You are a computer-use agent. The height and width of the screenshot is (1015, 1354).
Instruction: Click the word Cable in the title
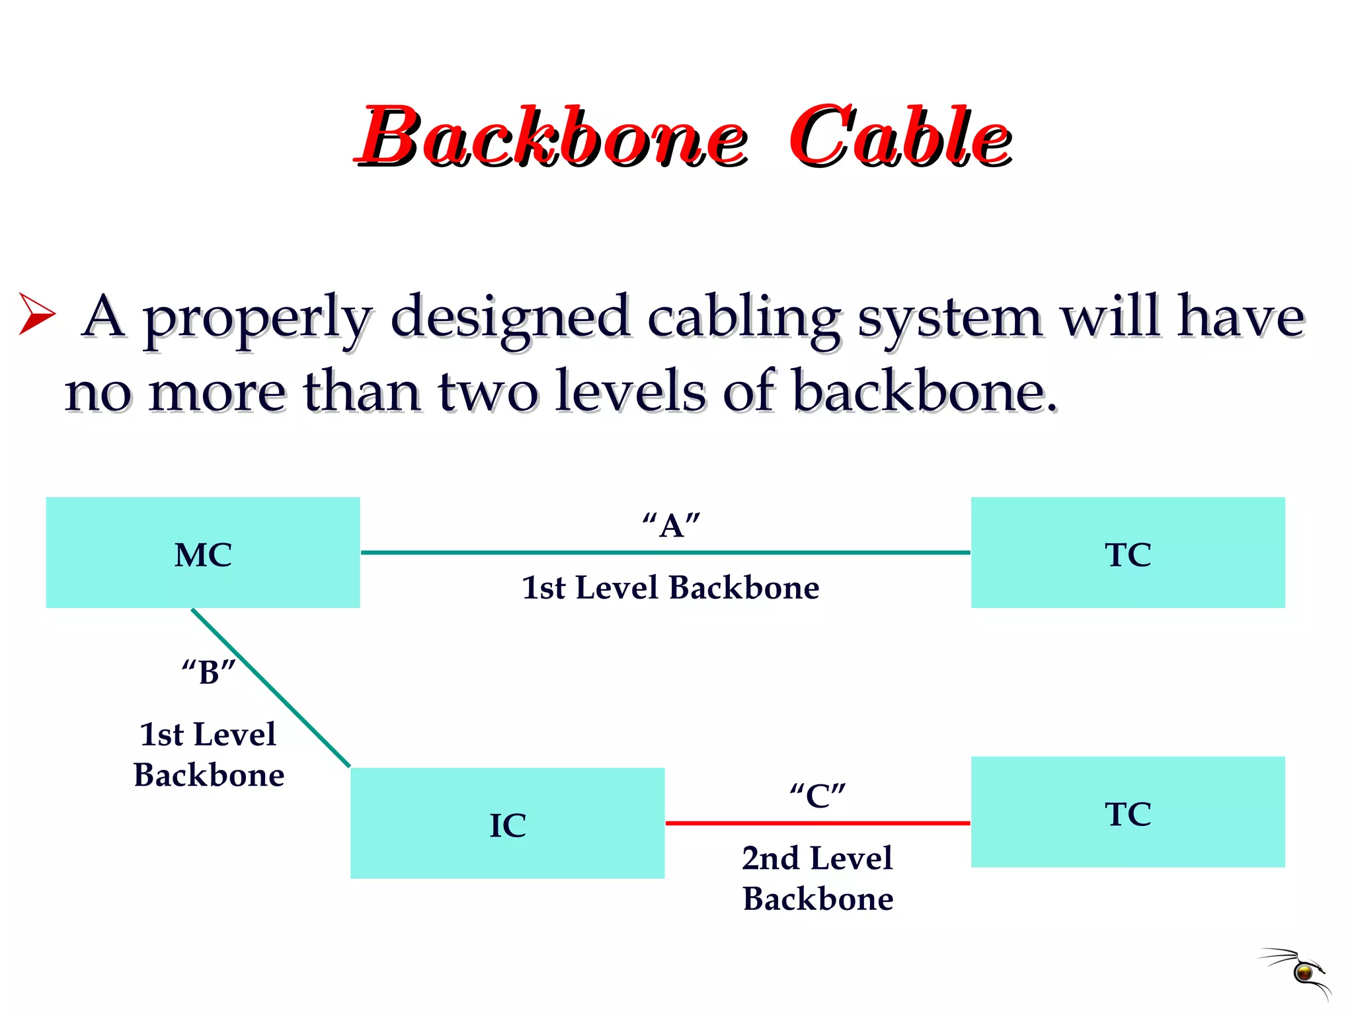tap(900, 137)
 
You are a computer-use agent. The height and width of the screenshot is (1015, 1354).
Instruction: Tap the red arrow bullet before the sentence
tap(36, 313)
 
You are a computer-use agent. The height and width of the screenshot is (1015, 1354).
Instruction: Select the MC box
tap(203, 552)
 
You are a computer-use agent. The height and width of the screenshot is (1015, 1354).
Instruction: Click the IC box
tap(507, 823)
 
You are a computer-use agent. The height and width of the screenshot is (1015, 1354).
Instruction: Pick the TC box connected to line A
tap(1128, 552)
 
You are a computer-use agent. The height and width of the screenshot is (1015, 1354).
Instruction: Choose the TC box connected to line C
tap(1128, 812)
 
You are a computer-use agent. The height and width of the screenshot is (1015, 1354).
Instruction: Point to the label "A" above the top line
tap(671, 526)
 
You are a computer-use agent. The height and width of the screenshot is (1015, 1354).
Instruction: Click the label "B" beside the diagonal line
tap(208, 672)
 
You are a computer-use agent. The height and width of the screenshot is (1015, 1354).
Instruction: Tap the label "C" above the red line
tap(818, 795)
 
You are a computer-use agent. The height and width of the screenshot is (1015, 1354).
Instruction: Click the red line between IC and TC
tap(818, 823)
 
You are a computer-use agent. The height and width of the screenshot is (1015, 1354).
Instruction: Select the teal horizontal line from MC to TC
tap(665, 552)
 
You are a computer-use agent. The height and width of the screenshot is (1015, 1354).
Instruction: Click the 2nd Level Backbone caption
tap(818, 878)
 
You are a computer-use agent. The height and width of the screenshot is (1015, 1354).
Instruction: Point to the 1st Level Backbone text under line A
tap(670, 587)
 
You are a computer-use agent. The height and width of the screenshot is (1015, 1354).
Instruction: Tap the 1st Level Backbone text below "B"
tap(208, 754)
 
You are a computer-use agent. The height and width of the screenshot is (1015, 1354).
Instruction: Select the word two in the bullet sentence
tap(487, 392)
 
